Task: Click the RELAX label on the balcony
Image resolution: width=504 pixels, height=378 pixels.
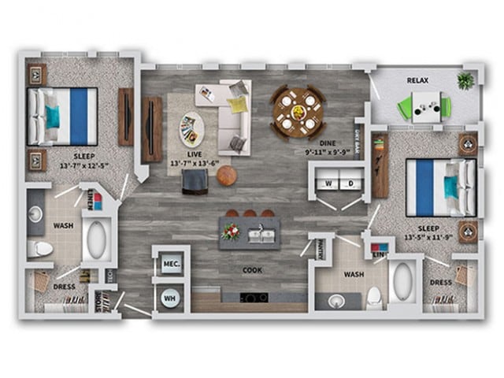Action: (417, 81)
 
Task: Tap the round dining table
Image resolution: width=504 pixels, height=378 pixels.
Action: (298, 111)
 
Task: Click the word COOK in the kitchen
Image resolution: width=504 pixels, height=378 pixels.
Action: (254, 270)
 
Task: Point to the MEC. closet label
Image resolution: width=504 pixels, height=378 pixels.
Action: (171, 265)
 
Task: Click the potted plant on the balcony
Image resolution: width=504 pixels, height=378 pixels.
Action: (465, 80)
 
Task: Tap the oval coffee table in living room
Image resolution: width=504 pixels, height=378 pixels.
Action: (188, 126)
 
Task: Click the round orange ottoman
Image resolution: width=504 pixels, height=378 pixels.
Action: (226, 176)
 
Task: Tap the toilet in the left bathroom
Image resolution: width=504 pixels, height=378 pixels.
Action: (42, 250)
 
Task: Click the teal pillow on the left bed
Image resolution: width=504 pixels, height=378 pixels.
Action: (52, 117)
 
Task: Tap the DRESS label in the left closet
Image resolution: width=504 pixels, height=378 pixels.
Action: (64, 287)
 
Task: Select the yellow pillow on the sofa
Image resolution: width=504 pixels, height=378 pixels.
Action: (237, 105)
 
